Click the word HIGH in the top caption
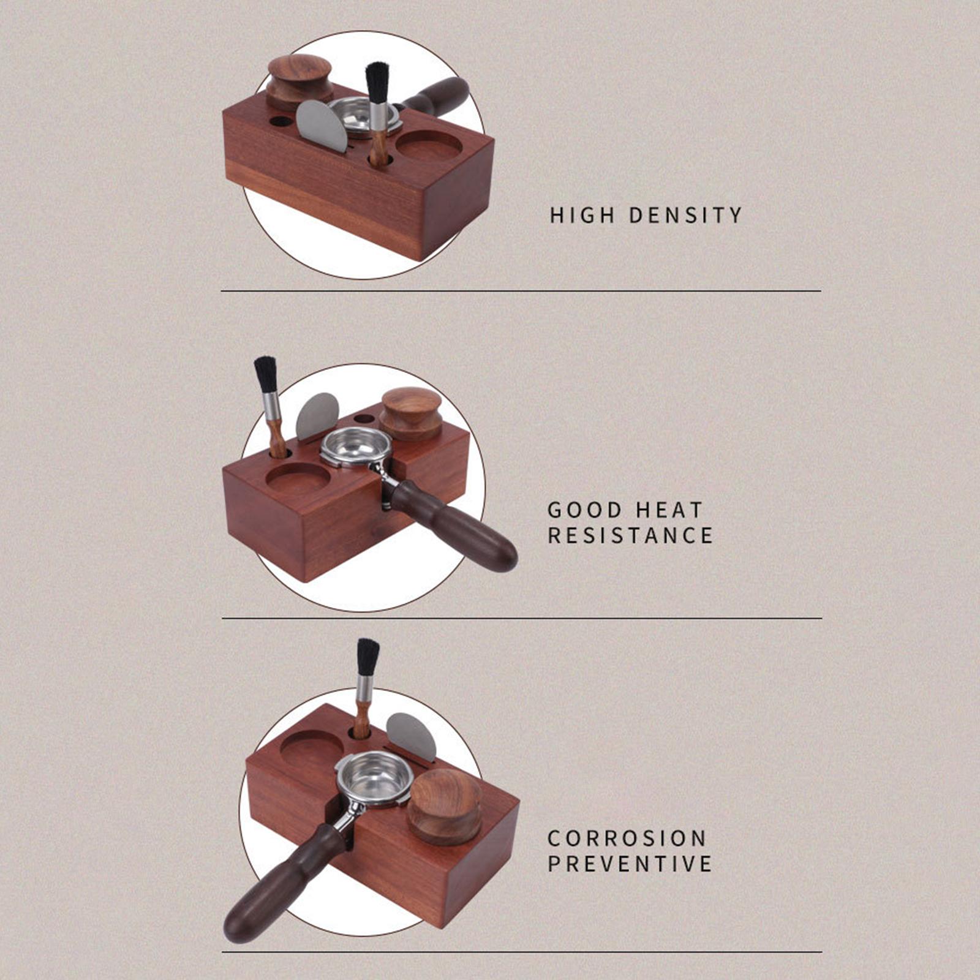point(582,215)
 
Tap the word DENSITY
point(685,215)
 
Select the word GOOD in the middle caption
point(585,510)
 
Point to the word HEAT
point(669,510)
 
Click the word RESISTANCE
point(630,535)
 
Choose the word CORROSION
point(627,838)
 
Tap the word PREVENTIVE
point(630,864)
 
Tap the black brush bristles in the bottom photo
point(367,657)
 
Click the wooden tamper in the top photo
point(299,82)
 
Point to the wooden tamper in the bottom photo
point(445,807)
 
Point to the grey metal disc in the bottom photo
point(412,737)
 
